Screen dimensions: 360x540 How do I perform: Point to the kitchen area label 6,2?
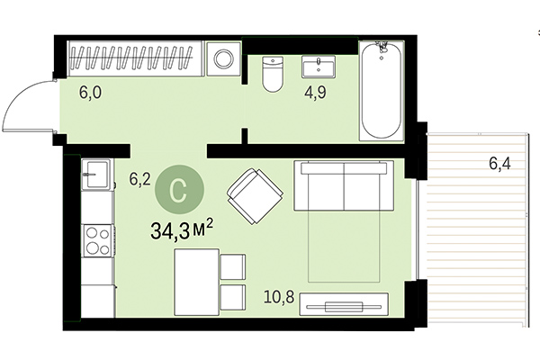[139, 179]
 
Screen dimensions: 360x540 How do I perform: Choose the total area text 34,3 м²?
[181, 233]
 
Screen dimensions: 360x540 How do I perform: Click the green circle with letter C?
[178, 190]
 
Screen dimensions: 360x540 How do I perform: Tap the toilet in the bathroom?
[272, 75]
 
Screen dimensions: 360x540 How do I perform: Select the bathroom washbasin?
[319, 68]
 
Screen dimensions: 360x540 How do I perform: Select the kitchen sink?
[95, 175]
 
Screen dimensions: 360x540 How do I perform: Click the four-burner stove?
[96, 239]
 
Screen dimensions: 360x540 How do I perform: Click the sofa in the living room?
[344, 187]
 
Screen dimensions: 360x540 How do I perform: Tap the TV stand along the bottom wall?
[344, 305]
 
